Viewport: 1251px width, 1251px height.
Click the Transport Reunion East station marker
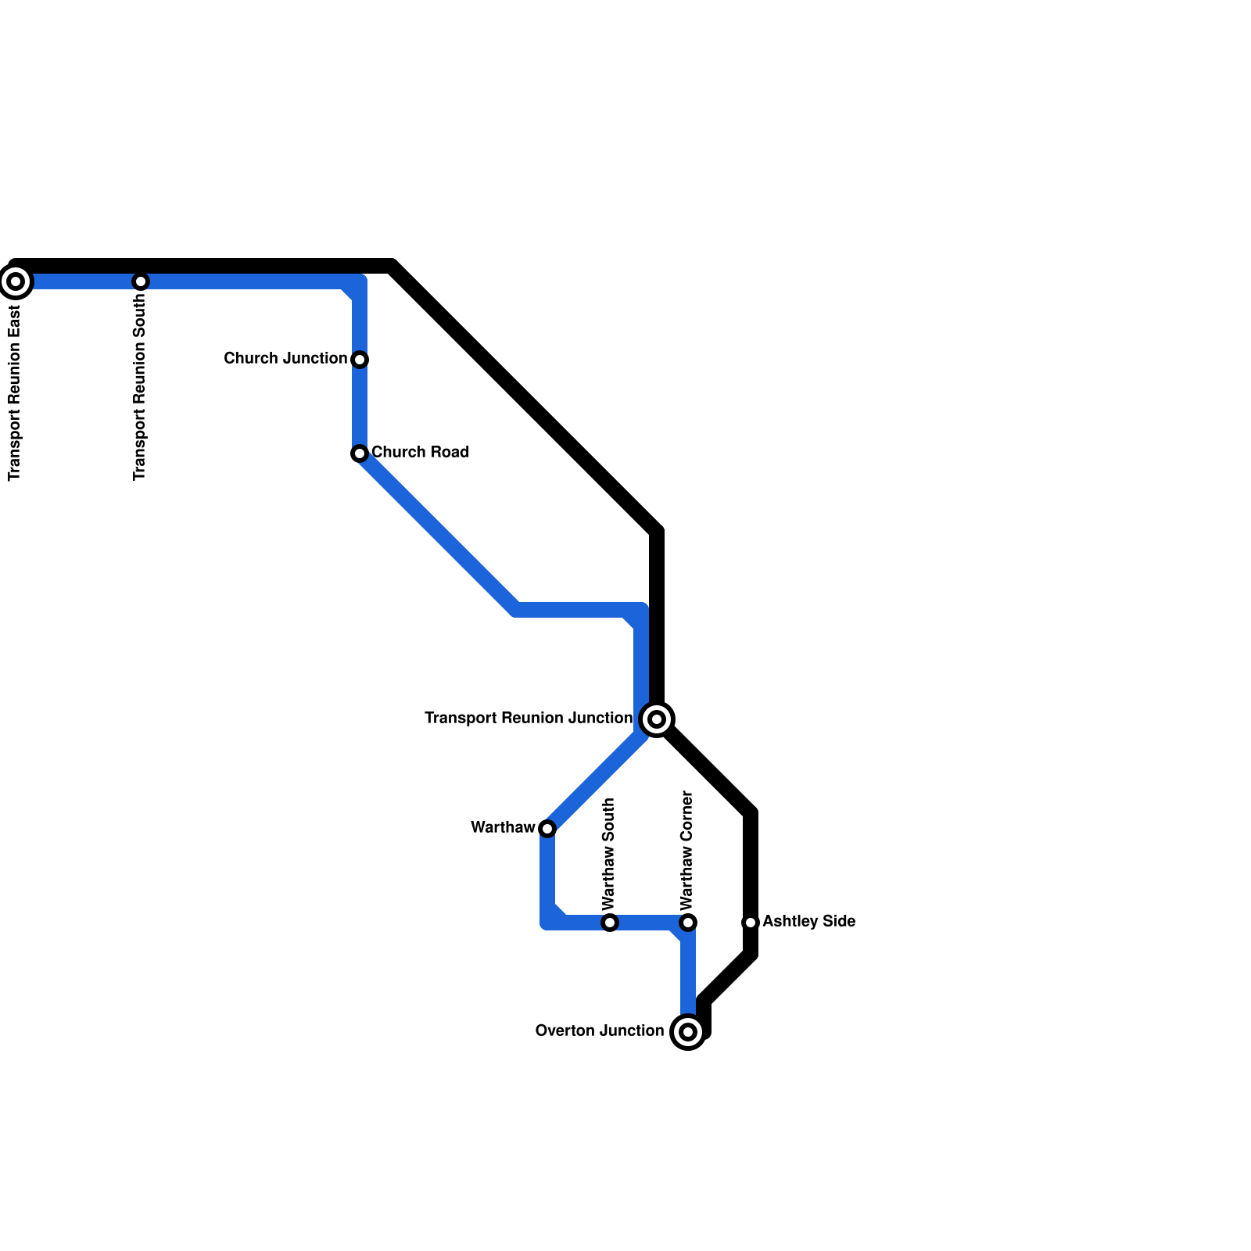[16, 281]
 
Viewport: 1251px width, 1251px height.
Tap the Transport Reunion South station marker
[141, 281]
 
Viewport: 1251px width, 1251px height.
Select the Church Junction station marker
[360, 360]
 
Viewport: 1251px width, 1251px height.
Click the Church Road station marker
[360, 453]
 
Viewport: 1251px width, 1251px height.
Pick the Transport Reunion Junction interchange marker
[657, 719]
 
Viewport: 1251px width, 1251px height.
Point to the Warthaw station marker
[547, 829]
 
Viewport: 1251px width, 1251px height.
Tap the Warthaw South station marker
[610, 923]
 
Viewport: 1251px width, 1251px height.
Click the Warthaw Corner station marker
[688, 923]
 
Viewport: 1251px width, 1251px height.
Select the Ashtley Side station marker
[751, 923]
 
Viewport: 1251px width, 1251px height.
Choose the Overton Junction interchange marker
[688, 1032]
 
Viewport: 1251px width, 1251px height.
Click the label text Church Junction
[285, 359]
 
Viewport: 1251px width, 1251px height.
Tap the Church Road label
[420, 453]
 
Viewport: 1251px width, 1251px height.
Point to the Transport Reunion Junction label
[529, 719]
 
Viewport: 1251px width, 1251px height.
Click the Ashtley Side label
[808, 922]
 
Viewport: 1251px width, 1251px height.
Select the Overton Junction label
[599, 1031]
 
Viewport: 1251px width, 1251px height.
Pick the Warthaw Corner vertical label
[687, 850]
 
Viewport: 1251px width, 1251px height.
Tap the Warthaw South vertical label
[609, 854]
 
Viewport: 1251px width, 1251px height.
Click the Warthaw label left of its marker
[503, 828]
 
